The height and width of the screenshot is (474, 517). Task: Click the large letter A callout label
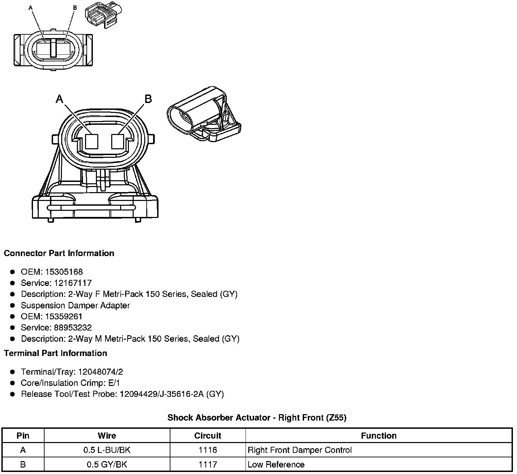60,99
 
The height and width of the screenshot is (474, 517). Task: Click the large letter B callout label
148,99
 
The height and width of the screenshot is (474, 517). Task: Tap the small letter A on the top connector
31,7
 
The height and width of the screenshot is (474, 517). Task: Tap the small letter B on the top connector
75,7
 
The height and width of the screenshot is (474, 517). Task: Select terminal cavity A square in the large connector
91,141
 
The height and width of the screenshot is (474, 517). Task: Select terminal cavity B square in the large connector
118,141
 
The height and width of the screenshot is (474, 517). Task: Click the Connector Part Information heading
59,253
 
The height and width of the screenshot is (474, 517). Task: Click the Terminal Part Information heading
55,353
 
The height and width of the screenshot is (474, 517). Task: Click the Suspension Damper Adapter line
75,305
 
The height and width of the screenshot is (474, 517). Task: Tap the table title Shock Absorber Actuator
257,418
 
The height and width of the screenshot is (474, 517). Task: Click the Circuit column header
207,436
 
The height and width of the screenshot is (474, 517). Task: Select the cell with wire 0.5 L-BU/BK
107,450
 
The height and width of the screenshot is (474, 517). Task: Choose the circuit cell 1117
207,464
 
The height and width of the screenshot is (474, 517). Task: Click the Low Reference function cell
276,464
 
